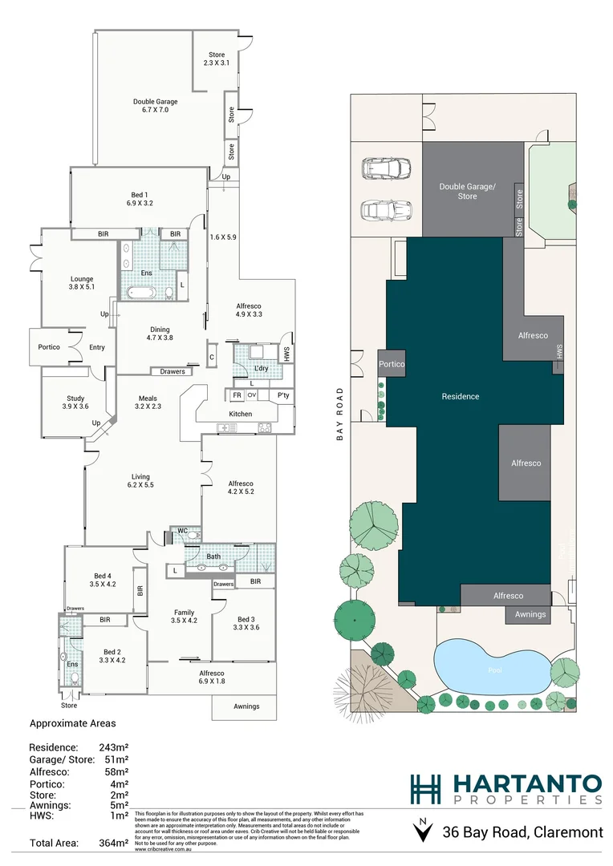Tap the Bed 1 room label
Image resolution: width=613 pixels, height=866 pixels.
click(x=139, y=199)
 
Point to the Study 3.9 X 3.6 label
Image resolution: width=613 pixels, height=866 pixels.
click(x=75, y=403)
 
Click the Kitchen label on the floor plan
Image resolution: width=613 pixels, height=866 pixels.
click(x=241, y=414)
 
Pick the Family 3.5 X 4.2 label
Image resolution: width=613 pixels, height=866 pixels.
click(x=184, y=614)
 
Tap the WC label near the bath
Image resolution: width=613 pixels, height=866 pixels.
click(x=182, y=531)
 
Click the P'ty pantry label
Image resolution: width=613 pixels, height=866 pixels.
click(x=282, y=395)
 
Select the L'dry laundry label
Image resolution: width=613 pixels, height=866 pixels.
click(x=260, y=368)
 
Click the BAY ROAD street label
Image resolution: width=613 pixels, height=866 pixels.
click(x=340, y=415)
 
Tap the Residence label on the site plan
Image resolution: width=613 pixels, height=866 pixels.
click(x=461, y=396)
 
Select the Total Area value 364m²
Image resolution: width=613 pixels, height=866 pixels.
click(x=112, y=843)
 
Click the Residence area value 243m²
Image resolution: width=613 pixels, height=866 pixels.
click(x=113, y=747)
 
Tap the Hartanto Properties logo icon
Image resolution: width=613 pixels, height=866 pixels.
click(x=424, y=789)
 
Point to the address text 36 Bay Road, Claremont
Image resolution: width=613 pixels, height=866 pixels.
click(x=522, y=832)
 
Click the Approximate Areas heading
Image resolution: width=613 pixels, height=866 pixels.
click(x=73, y=722)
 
